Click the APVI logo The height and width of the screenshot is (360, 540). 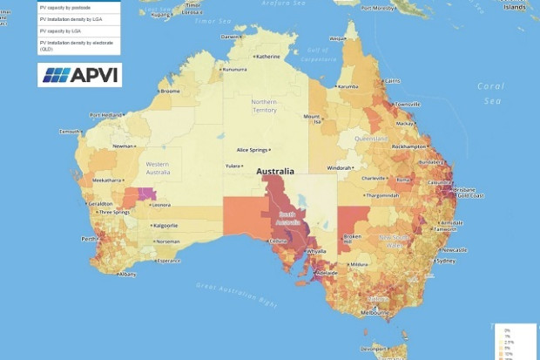[x=79, y=75]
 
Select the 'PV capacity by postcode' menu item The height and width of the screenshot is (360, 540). [x=65, y=6]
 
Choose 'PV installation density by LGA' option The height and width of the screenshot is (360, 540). [x=71, y=18]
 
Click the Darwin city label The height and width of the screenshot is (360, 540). [x=228, y=37]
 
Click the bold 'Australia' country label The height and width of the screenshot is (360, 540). [x=274, y=172]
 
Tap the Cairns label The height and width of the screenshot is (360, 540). [x=392, y=80]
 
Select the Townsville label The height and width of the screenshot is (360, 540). [x=407, y=104]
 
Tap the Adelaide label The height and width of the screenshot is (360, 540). [x=327, y=273]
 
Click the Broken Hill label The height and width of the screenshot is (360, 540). [x=352, y=237]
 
